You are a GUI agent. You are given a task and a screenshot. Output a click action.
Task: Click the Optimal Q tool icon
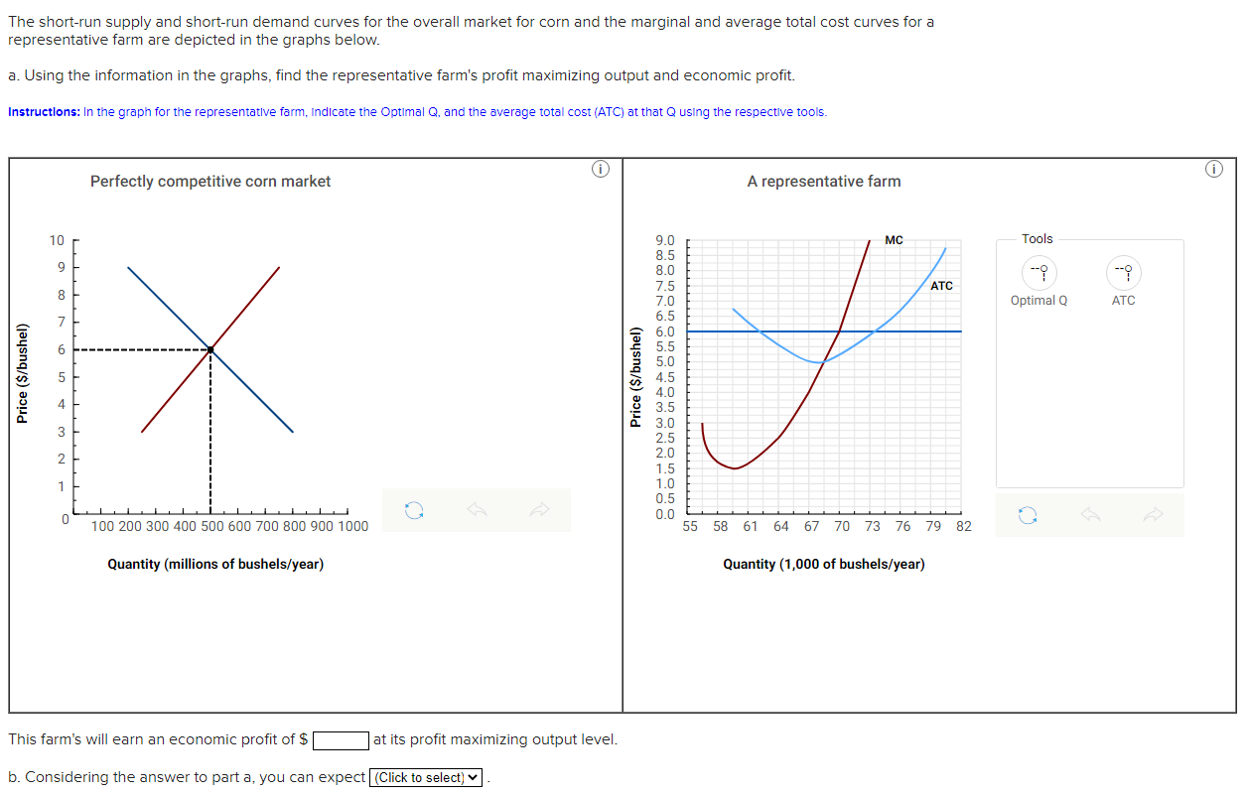click(1039, 272)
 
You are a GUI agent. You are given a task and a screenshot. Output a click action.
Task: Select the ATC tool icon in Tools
click(1123, 272)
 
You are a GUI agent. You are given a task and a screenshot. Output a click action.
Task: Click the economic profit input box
click(342, 740)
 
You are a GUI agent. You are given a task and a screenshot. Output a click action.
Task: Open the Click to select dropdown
click(426, 778)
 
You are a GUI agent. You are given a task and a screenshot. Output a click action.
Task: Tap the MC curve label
click(894, 240)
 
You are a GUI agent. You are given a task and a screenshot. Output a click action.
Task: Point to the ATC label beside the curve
click(941, 286)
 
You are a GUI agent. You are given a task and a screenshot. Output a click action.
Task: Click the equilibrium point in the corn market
click(210, 349)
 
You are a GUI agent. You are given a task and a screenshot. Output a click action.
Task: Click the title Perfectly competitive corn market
click(210, 182)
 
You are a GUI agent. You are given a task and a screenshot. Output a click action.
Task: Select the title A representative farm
click(824, 182)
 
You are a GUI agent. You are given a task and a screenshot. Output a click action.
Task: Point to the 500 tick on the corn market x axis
click(211, 526)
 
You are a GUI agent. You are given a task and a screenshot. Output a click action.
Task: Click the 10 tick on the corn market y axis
click(57, 240)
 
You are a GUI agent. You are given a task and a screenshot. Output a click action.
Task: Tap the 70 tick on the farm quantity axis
click(842, 526)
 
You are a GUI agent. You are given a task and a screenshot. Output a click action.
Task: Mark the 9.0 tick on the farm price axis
click(665, 240)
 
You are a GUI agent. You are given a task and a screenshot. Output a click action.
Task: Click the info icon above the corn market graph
click(599, 170)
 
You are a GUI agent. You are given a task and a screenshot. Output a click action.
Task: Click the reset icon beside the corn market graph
click(414, 510)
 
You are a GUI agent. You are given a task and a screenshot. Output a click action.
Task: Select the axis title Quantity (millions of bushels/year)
click(215, 565)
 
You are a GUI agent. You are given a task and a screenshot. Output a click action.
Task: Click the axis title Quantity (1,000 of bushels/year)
click(823, 565)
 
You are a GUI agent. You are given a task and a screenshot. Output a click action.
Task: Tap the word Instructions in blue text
click(44, 112)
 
